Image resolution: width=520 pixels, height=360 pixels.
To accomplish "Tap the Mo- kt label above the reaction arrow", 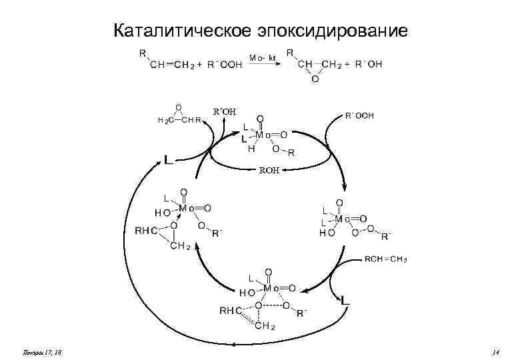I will tap(261, 58).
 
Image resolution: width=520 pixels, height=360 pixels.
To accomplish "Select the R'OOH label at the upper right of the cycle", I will tap(359, 115).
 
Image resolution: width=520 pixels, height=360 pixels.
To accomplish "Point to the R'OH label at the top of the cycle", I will tap(223, 111).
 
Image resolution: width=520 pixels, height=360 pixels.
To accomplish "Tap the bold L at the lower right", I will tap(345, 301).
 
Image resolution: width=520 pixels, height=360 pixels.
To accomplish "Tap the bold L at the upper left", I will tap(169, 160).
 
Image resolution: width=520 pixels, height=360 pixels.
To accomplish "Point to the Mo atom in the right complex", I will tap(343, 219).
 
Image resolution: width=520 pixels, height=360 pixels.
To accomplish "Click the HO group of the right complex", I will tap(327, 234).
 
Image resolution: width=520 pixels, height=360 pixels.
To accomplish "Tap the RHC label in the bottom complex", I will tap(231, 309).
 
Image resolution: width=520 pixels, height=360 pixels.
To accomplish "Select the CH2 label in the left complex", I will tap(181, 246).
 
